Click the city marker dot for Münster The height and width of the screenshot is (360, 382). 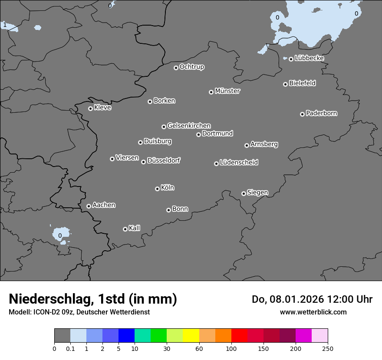pyautogui.click(x=211, y=92)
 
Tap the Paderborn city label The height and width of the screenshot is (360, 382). pyautogui.click(x=322, y=113)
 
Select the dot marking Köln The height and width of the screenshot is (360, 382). pyautogui.click(x=157, y=189)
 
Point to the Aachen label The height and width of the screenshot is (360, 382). pyautogui.click(x=104, y=205)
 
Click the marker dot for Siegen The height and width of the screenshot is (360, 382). pyautogui.click(x=244, y=193)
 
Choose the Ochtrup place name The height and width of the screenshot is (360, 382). pyautogui.click(x=192, y=67)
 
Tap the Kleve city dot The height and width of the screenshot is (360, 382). pyautogui.click(x=90, y=108)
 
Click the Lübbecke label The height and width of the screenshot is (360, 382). pyautogui.click(x=309, y=58)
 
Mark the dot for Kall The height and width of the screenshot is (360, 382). pyautogui.click(x=125, y=229)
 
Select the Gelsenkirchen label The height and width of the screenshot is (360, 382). pyautogui.click(x=189, y=126)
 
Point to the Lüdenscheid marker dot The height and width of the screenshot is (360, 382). pyautogui.click(x=216, y=164)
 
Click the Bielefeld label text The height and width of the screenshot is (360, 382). pyautogui.click(x=302, y=83)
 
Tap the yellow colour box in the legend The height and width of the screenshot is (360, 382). pyautogui.click(x=191, y=336)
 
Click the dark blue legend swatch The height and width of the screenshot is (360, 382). pyautogui.click(x=126, y=336)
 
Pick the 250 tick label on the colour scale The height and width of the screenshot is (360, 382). pyautogui.click(x=328, y=348)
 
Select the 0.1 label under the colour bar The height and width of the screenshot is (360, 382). pyautogui.click(x=70, y=348)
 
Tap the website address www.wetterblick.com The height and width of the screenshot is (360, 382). pyautogui.click(x=313, y=312)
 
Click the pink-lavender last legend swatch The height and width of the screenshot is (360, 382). pyautogui.click(x=319, y=336)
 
